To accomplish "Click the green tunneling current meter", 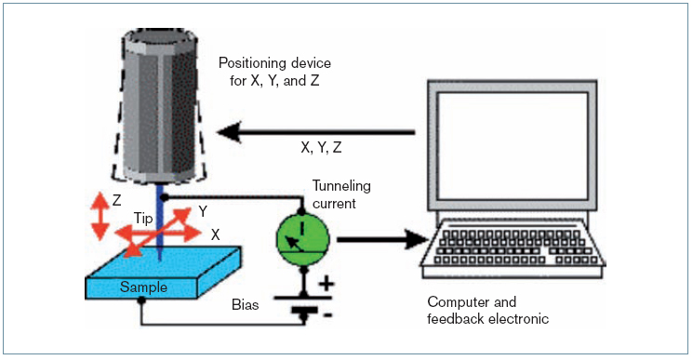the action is pos(303,238).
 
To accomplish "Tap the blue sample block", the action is pos(163,273).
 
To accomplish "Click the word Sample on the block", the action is pos(143,287).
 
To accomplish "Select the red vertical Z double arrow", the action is pos(100,216).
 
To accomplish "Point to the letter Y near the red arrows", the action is pos(203,211).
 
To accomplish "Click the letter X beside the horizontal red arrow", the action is pos(215,234).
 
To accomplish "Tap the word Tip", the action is pos(143,219).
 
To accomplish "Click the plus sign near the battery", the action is pos(327,284).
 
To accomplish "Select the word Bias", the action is pos(246,305).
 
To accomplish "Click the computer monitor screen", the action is pos(513,146).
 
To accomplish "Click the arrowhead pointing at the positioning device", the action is pos(230,132).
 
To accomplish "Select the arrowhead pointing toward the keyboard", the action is pos(418,239).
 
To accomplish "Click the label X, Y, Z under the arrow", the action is pos(321,148).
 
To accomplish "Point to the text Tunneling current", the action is pos(341,194).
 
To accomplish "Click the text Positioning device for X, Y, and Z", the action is pos(274,72).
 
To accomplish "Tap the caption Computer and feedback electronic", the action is pos(488,310).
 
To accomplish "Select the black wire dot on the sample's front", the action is pos(141,300).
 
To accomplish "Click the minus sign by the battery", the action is pos(328,315).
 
